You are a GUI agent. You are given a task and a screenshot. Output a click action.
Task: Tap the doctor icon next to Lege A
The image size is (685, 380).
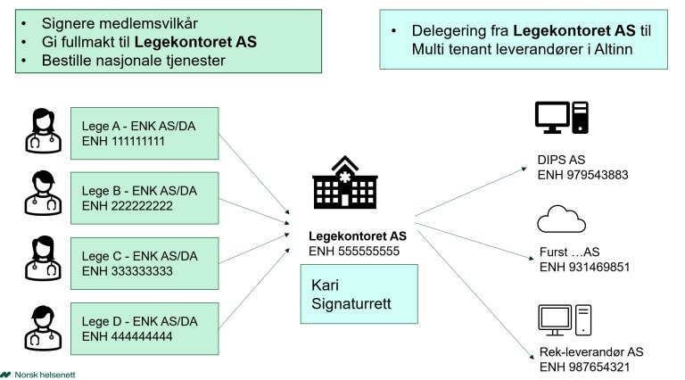pyautogui.click(x=42, y=131)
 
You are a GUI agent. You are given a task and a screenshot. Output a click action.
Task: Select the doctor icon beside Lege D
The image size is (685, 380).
pyautogui.click(x=42, y=328)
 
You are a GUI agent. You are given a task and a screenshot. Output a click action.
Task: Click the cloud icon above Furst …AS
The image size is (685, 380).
pyautogui.click(x=561, y=218)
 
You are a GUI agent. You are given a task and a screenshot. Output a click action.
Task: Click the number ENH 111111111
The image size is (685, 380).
pyautogui.click(x=123, y=141)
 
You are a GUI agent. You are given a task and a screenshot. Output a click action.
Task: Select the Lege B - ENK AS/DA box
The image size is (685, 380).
pyautogui.click(x=144, y=197)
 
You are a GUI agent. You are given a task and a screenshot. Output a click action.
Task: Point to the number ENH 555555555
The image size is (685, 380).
pyautogui.click(x=353, y=252)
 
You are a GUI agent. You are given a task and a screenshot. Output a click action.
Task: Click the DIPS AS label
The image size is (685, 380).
pyautogui.click(x=561, y=159)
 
